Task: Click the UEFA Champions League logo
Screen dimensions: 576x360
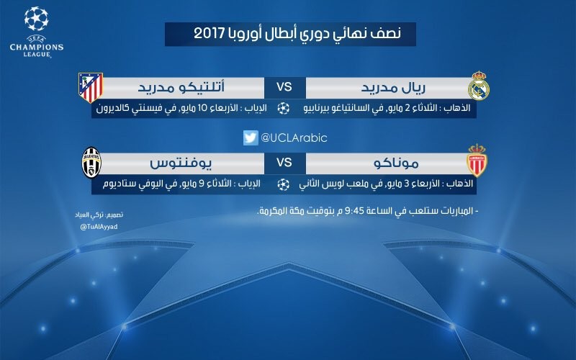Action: coord(37,32)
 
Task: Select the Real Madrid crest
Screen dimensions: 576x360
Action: coord(478,86)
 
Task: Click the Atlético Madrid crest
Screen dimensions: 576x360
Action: coord(91,87)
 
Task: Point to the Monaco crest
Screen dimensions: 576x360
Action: coord(477,161)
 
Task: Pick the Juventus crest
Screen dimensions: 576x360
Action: coord(91,163)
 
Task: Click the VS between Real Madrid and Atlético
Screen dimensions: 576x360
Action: coord(284,87)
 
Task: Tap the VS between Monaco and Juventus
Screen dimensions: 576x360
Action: coord(284,163)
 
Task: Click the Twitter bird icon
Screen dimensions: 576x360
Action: coord(251,138)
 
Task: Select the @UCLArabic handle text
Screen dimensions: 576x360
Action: coord(294,138)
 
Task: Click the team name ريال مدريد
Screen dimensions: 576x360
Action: coord(393,87)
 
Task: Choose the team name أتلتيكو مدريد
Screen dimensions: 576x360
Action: coord(181,87)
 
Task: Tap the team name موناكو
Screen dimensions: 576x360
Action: coord(396,163)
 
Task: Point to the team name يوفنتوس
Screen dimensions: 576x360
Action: coord(181,163)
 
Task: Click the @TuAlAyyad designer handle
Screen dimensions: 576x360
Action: coord(99,227)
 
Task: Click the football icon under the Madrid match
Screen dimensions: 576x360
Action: coord(283,109)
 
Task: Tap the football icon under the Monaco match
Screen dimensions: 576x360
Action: coord(283,184)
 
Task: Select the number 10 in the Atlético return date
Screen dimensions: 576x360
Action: coord(204,109)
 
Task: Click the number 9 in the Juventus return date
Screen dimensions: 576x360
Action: coord(202,184)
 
